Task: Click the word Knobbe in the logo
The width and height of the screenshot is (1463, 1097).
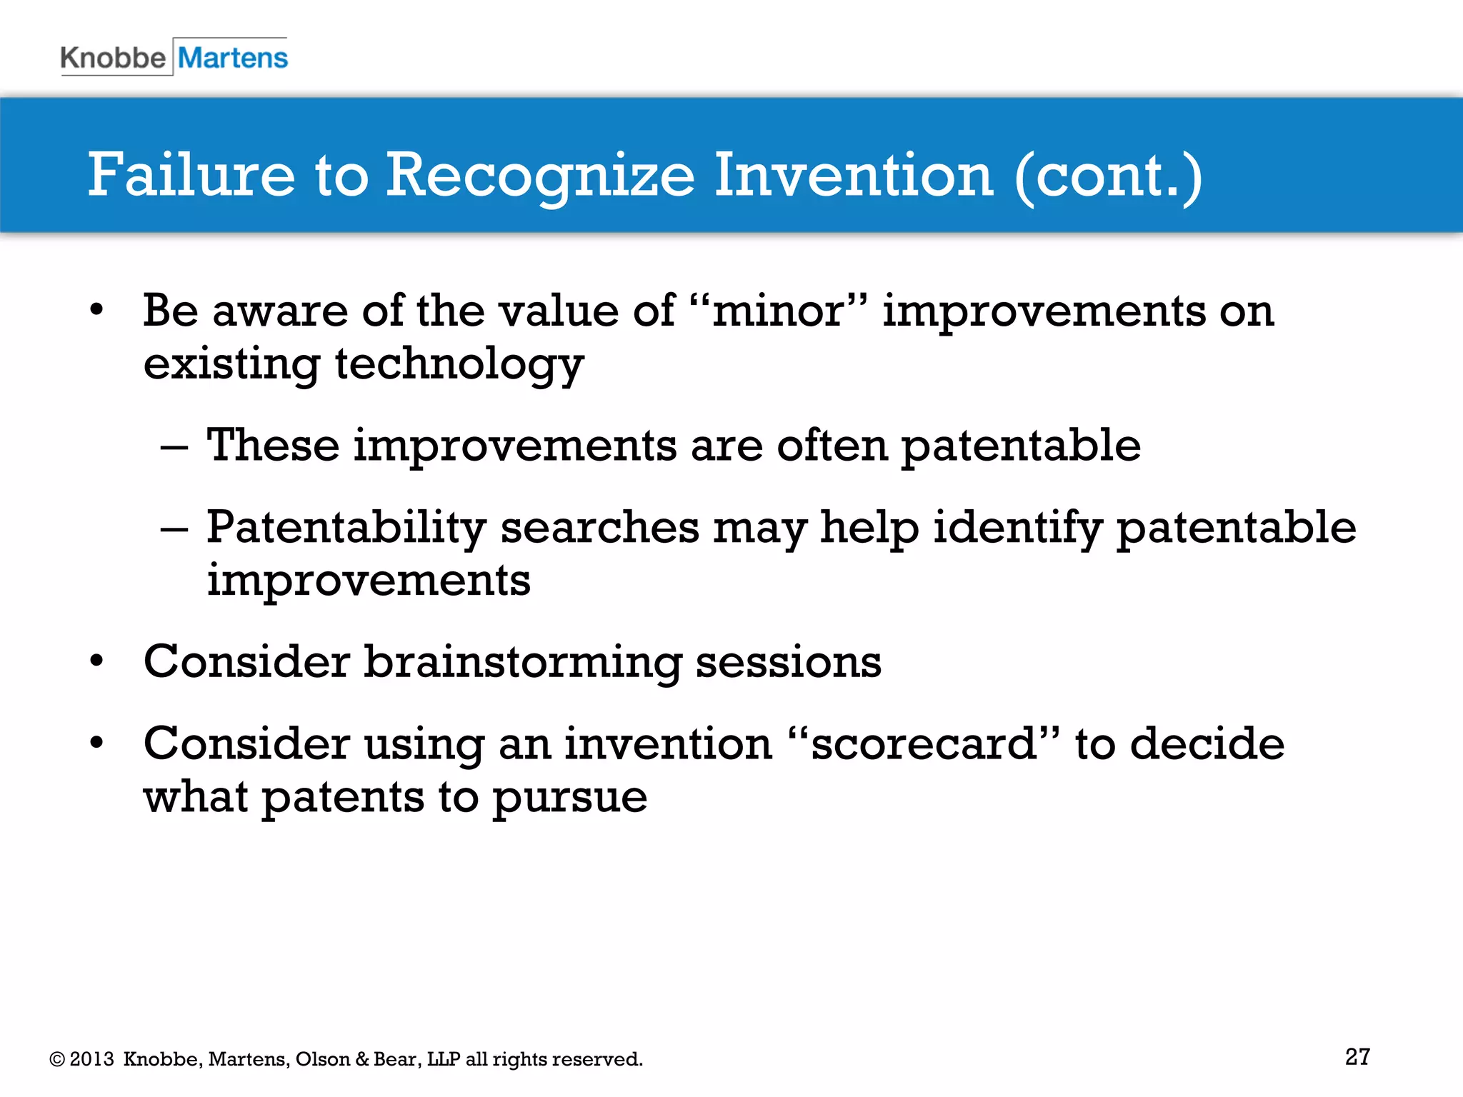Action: pyautogui.click(x=113, y=58)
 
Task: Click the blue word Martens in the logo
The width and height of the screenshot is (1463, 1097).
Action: pyautogui.click(x=233, y=58)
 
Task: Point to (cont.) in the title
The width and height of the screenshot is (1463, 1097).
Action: pyautogui.click(x=1108, y=176)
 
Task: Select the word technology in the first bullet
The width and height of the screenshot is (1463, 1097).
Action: pyautogui.click(x=459, y=365)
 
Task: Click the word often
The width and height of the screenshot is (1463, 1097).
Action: pyautogui.click(x=832, y=446)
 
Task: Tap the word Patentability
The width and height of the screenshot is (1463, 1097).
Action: pyautogui.click(x=346, y=529)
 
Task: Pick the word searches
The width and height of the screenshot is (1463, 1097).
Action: pyautogui.click(x=599, y=529)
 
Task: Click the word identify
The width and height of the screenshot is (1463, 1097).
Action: pyautogui.click(x=1017, y=529)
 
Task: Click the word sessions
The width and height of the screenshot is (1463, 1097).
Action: pyautogui.click(x=788, y=662)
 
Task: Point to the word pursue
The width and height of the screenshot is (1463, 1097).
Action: pyautogui.click(x=570, y=797)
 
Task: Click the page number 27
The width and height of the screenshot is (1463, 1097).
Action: pyautogui.click(x=1357, y=1057)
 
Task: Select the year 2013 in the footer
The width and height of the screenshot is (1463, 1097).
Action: pyautogui.click(x=91, y=1059)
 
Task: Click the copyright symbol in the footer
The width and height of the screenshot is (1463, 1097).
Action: pyautogui.click(x=57, y=1060)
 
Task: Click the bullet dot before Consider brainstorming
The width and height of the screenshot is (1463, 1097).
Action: pyautogui.click(x=96, y=661)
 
